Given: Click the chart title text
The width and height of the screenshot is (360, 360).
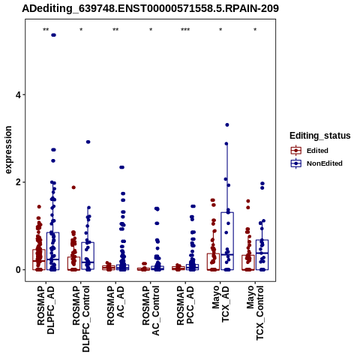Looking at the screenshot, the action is [150, 8].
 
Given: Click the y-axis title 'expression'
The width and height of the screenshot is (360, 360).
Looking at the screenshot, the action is [8, 150].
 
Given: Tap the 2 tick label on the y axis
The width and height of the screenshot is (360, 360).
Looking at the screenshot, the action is [19, 182].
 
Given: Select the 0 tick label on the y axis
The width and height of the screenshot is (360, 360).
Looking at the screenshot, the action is [19, 270].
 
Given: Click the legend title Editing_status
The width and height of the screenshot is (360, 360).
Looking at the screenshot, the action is [319, 136].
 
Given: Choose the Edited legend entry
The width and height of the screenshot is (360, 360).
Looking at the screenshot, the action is [310, 151].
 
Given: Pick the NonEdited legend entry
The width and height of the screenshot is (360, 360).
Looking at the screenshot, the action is [316, 163].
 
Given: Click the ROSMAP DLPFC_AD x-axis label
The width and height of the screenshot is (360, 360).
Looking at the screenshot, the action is [46, 310].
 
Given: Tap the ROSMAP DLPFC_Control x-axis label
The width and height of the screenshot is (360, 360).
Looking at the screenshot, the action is [81, 319].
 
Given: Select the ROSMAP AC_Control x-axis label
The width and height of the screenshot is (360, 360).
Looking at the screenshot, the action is [151, 310].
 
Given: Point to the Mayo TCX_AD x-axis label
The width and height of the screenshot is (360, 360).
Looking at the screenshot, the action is [220, 304].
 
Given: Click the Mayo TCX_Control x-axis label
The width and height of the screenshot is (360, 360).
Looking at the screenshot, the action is [255, 313].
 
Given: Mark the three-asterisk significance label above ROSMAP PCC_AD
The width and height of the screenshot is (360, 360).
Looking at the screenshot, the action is [185, 30].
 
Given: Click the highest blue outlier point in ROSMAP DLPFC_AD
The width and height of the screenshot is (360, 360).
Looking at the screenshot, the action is [53, 35].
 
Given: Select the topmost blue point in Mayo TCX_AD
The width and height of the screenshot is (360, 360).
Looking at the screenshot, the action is [227, 124].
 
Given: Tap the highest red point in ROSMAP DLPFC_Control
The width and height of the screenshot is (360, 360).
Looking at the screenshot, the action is [73, 187].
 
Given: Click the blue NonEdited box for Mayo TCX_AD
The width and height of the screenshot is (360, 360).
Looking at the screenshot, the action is [227, 212].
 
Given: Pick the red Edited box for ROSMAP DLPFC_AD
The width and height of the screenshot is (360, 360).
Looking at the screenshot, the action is [39, 250].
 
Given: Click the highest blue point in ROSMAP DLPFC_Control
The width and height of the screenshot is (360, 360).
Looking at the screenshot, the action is [88, 142].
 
